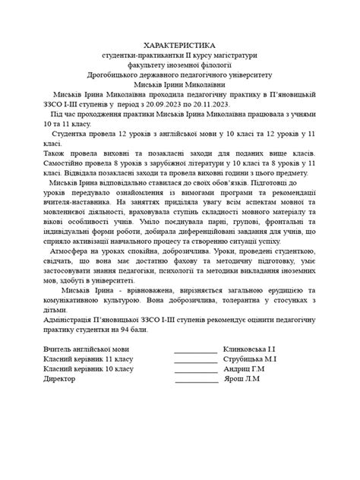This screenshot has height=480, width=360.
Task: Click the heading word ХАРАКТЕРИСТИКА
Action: coord(179,46)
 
